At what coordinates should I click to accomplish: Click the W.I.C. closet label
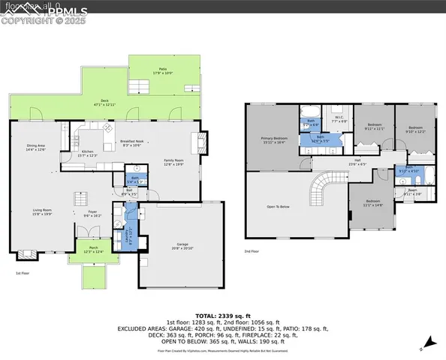pyautogui.click(x=339, y=118)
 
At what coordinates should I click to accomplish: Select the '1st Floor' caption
pyautogui.click(x=23, y=274)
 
